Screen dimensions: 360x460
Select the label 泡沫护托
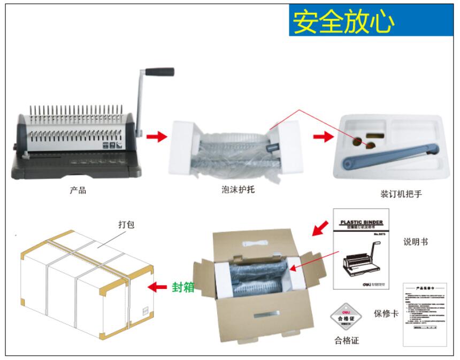coord(237,190)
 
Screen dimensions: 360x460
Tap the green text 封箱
coord(182,287)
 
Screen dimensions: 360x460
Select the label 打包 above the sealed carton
coord(126,225)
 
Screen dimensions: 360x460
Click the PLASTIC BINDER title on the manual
coord(361,221)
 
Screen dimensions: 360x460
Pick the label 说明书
coord(416,242)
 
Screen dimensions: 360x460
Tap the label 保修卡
coord(386,313)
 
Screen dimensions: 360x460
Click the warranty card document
coord(425,314)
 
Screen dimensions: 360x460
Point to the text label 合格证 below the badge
coord(347,341)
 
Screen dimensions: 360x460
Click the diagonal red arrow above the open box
coord(320,228)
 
